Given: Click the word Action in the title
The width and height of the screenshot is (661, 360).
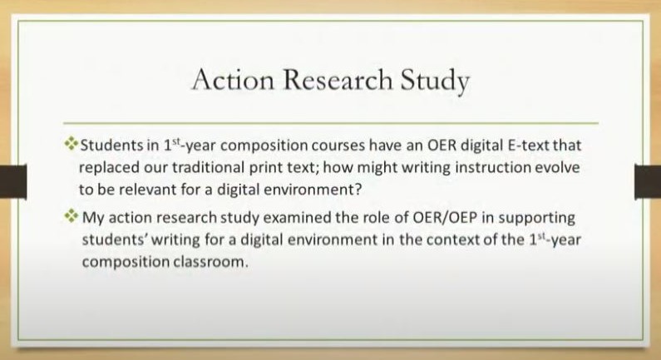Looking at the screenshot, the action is coord(233,80).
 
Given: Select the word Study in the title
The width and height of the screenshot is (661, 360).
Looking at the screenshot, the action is coord(435,81).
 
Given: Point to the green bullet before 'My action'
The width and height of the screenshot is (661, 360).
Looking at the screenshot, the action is coord(72,216).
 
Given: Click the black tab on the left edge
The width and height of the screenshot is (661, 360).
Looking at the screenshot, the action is coord(13,181).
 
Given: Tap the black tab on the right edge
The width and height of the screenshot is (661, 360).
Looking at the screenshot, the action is coord(648,181).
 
